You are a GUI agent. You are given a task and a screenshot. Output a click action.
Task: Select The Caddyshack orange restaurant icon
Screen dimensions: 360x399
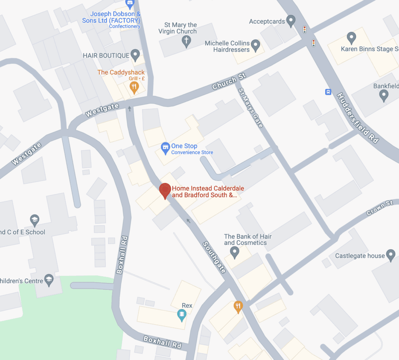click(x=134, y=87)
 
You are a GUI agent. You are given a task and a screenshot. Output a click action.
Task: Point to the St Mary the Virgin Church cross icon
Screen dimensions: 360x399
click(x=186, y=41)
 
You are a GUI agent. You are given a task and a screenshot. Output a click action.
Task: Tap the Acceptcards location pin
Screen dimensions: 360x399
click(x=291, y=20)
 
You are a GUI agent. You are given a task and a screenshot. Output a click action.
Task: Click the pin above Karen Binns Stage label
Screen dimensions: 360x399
click(x=351, y=38)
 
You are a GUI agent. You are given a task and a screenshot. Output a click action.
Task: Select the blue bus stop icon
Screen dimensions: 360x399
click(x=328, y=92)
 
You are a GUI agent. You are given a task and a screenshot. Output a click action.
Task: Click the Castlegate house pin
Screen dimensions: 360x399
click(x=391, y=255)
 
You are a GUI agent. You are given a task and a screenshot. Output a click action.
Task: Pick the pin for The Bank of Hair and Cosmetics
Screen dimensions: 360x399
click(x=235, y=252)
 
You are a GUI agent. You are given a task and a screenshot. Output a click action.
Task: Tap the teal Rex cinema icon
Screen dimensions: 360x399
click(x=182, y=315)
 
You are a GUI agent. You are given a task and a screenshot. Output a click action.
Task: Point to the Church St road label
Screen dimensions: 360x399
click(x=229, y=82)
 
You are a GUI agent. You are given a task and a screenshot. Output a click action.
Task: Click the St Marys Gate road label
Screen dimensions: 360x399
click(x=251, y=108)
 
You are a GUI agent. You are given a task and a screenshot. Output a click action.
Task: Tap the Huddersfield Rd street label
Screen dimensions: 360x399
click(x=358, y=118)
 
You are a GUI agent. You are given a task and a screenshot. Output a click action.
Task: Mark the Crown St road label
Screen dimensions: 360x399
click(x=380, y=209)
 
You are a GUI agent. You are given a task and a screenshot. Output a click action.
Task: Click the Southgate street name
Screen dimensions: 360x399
click(x=214, y=257)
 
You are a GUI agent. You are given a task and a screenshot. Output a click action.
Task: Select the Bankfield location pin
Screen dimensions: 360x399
click(x=384, y=95)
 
